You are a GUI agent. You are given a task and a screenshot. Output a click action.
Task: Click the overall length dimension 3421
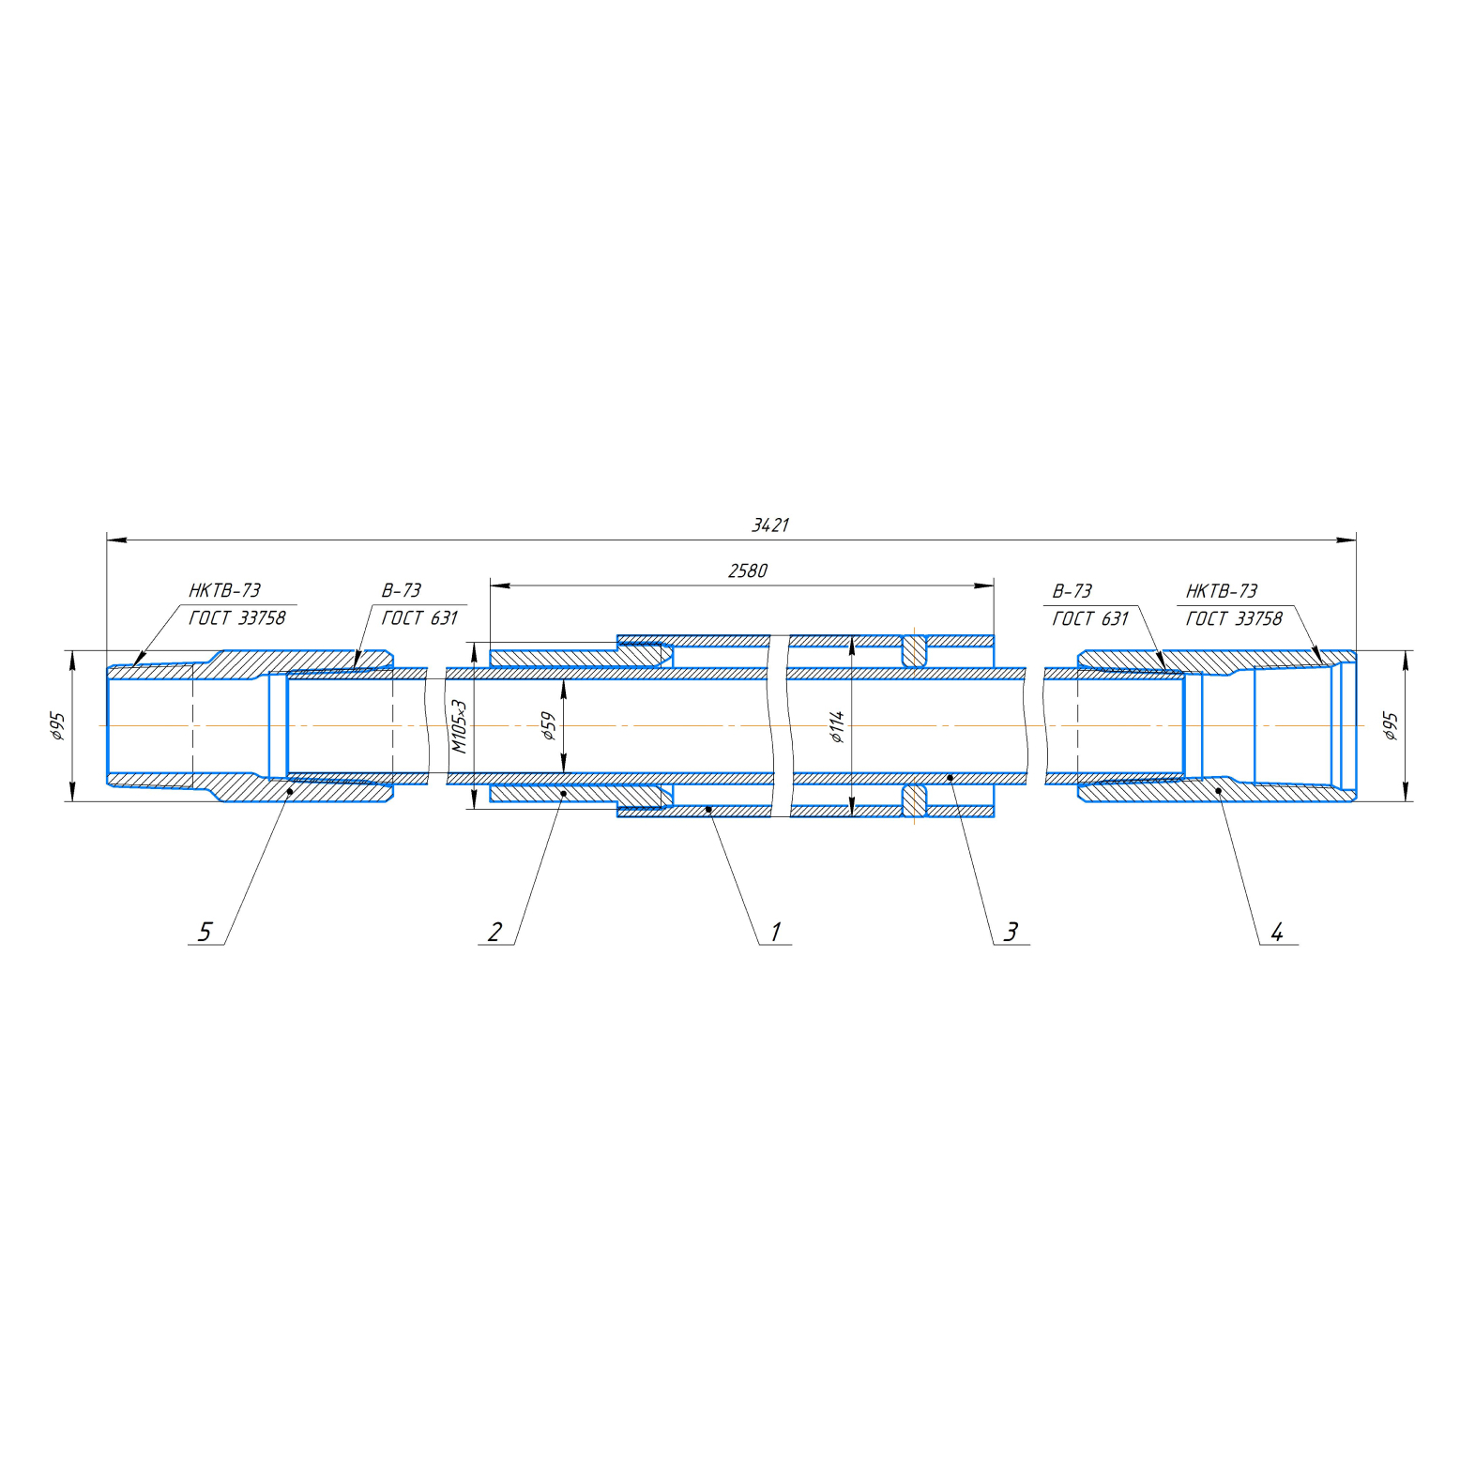pos(770,525)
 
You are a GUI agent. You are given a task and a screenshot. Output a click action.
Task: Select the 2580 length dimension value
pos(748,570)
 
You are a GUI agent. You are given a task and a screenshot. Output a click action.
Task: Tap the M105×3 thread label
pos(459,726)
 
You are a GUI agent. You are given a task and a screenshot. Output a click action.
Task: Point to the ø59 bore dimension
pos(548,726)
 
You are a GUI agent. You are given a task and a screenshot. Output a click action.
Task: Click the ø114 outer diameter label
pos(837,726)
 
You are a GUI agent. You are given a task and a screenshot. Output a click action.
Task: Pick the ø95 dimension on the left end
pos(57,726)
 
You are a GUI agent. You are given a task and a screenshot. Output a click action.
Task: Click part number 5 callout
pos(205,932)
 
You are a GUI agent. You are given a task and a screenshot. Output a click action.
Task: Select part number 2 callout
pos(494,932)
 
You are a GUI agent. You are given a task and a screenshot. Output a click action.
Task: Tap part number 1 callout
pos(775,932)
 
